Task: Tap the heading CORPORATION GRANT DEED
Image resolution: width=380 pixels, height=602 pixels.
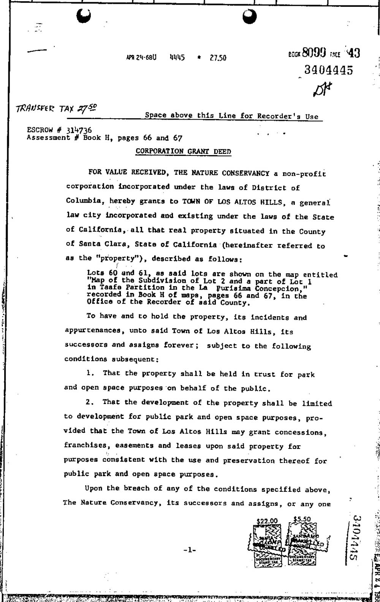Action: click(184, 151)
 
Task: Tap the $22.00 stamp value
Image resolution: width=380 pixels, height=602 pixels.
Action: click(267, 521)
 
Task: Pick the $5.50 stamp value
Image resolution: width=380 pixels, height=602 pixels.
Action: click(302, 519)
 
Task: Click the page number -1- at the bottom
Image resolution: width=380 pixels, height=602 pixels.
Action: click(189, 549)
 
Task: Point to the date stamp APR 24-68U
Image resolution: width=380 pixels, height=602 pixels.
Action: click(141, 58)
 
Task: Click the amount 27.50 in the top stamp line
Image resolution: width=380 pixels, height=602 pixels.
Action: click(218, 58)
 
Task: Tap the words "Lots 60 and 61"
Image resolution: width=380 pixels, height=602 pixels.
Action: click(114, 274)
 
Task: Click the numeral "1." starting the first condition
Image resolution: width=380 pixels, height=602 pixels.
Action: click(90, 373)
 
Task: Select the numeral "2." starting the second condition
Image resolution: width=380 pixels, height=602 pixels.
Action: click(90, 402)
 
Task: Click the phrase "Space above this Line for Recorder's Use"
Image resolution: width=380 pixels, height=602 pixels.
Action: click(231, 116)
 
